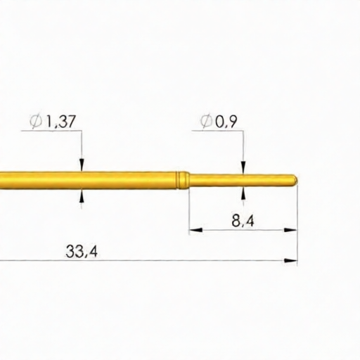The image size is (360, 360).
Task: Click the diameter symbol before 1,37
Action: click(x=37, y=122)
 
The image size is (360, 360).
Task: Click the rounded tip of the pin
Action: click(x=294, y=180)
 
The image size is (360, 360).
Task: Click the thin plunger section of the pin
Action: click(x=239, y=180)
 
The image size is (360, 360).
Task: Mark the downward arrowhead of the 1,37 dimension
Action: click(x=82, y=166)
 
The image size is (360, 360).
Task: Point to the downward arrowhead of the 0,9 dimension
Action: click(x=243, y=169)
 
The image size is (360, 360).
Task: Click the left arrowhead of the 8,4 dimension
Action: click(x=194, y=229)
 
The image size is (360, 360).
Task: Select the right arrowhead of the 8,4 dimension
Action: click(x=291, y=229)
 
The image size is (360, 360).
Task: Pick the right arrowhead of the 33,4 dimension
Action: click(x=291, y=261)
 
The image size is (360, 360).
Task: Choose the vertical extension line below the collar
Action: click(x=189, y=211)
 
